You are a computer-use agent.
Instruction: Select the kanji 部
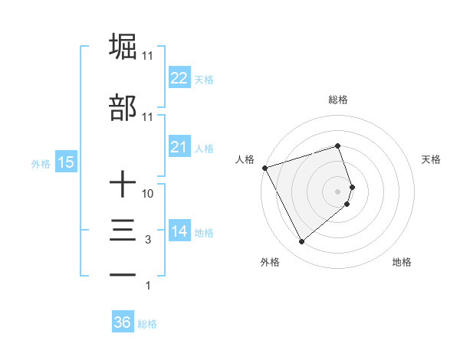click(x=123, y=108)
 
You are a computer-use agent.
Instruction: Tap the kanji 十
click(x=123, y=185)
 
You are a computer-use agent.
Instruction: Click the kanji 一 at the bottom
click(x=123, y=274)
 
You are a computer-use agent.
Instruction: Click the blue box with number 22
click(x=179, y=78)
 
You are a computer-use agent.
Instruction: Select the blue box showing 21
click(x=179, y=147)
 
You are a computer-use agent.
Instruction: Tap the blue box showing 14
click(x=179, y=231)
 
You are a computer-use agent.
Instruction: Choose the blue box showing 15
click(x=65, y=162)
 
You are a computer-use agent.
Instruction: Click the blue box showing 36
click(x=122, y=323)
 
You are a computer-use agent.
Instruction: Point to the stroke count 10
click(x=148, y=194)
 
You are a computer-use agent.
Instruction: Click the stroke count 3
click(x=148, y=240)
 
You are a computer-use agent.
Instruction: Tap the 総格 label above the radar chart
click(x=338, y=100)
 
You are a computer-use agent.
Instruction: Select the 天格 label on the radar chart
click(x=431, y=159)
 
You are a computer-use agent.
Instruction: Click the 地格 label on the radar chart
click(x=402, y=262)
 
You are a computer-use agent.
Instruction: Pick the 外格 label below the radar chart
click(x=270, y=262)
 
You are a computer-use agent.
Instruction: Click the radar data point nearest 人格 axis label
click(x=264, y=167)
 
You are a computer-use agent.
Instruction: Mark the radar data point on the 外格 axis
click(x=301, y=241)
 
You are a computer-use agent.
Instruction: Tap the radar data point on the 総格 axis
click(x=338, y=146)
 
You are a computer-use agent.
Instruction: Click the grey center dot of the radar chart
click(x=338, y=191)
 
